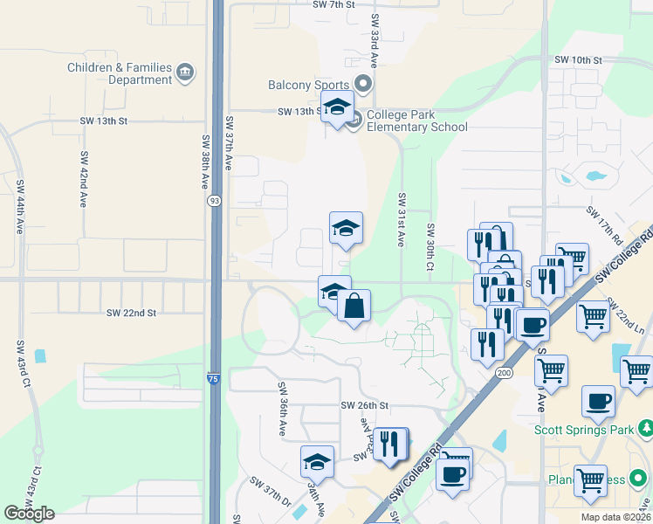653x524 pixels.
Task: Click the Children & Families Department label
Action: coord(120,73)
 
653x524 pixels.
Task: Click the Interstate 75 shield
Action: coord(214,377)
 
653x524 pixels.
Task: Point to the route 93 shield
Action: coord(214,201)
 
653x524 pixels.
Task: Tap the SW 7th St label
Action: coord(334,4)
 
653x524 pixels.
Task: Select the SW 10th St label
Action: coord(578,60)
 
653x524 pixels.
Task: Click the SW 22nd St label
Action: coord(131,313)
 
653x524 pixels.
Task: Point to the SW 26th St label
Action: coord(364,406)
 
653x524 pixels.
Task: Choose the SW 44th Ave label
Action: coord(19,204)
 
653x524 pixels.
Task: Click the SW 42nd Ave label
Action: coord(84,179)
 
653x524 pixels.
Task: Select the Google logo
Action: coord(29,513)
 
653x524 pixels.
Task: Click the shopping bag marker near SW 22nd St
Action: coord(354,307)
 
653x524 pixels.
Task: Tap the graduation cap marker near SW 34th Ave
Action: coord(318,462)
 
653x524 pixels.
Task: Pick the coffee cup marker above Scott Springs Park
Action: coord(598,401)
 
